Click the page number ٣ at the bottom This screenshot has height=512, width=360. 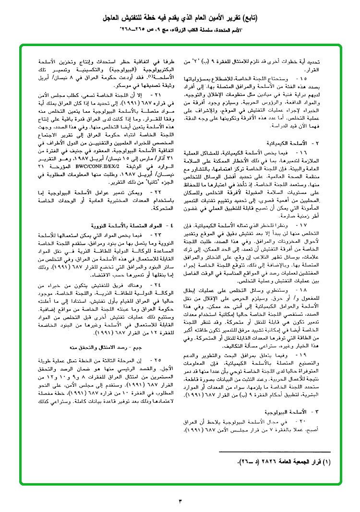tap(180, 502)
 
